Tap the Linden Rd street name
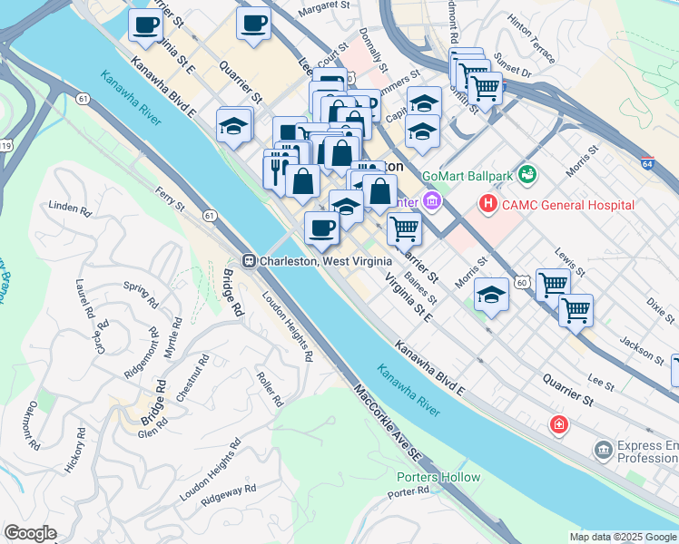[71, 208]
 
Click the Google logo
[30, 533]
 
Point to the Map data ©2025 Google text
[622, 537]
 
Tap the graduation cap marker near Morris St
[491, 296]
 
